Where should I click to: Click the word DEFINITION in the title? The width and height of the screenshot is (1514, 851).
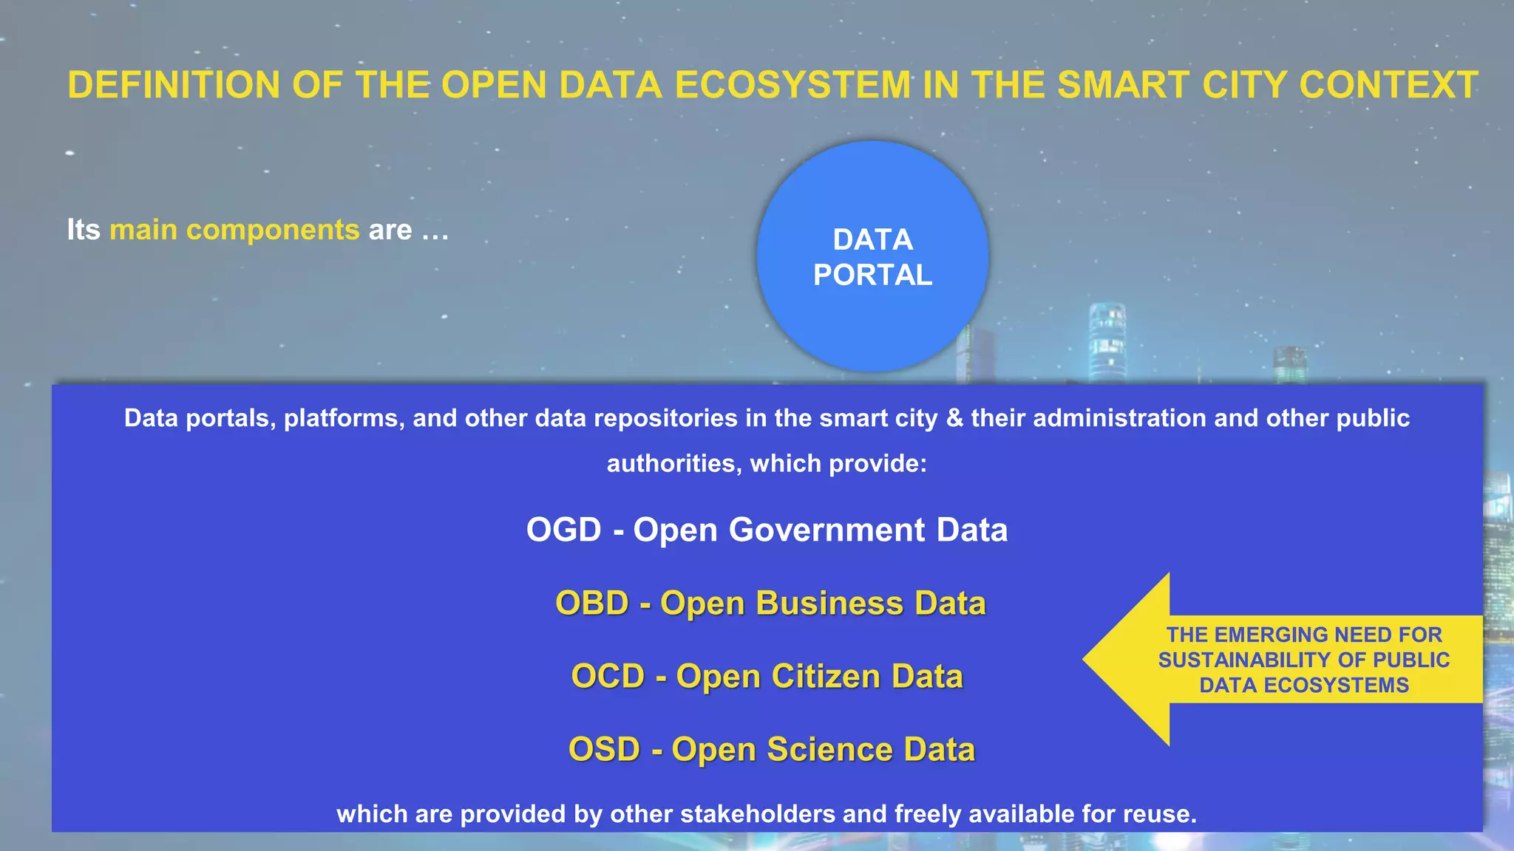click(x=174, y=85)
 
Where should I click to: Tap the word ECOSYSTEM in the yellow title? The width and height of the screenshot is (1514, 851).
click(x=792, y=85)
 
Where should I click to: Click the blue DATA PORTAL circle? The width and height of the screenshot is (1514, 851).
click(x=872, y=256)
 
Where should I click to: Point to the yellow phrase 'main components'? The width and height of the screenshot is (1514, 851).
click(x=234, y=230)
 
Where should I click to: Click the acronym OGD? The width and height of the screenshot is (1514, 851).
click(x=563, y=530)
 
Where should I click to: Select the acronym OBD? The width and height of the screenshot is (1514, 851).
click(x=591, y=603)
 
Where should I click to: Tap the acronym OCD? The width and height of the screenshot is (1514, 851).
click(x=608, y=676)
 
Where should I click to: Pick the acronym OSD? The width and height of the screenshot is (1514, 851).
click(x=604, y=749)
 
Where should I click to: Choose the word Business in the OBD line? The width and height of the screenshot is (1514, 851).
click(x=829, y=603)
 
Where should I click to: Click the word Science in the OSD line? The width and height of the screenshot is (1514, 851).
click(x=829, y=749)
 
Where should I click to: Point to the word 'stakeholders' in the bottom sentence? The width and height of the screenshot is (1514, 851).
click(x=758, y=814)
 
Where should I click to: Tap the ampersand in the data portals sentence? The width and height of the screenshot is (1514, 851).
click(x=955, y=418)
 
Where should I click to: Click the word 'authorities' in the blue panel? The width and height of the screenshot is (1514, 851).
click(x=673, y=463)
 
